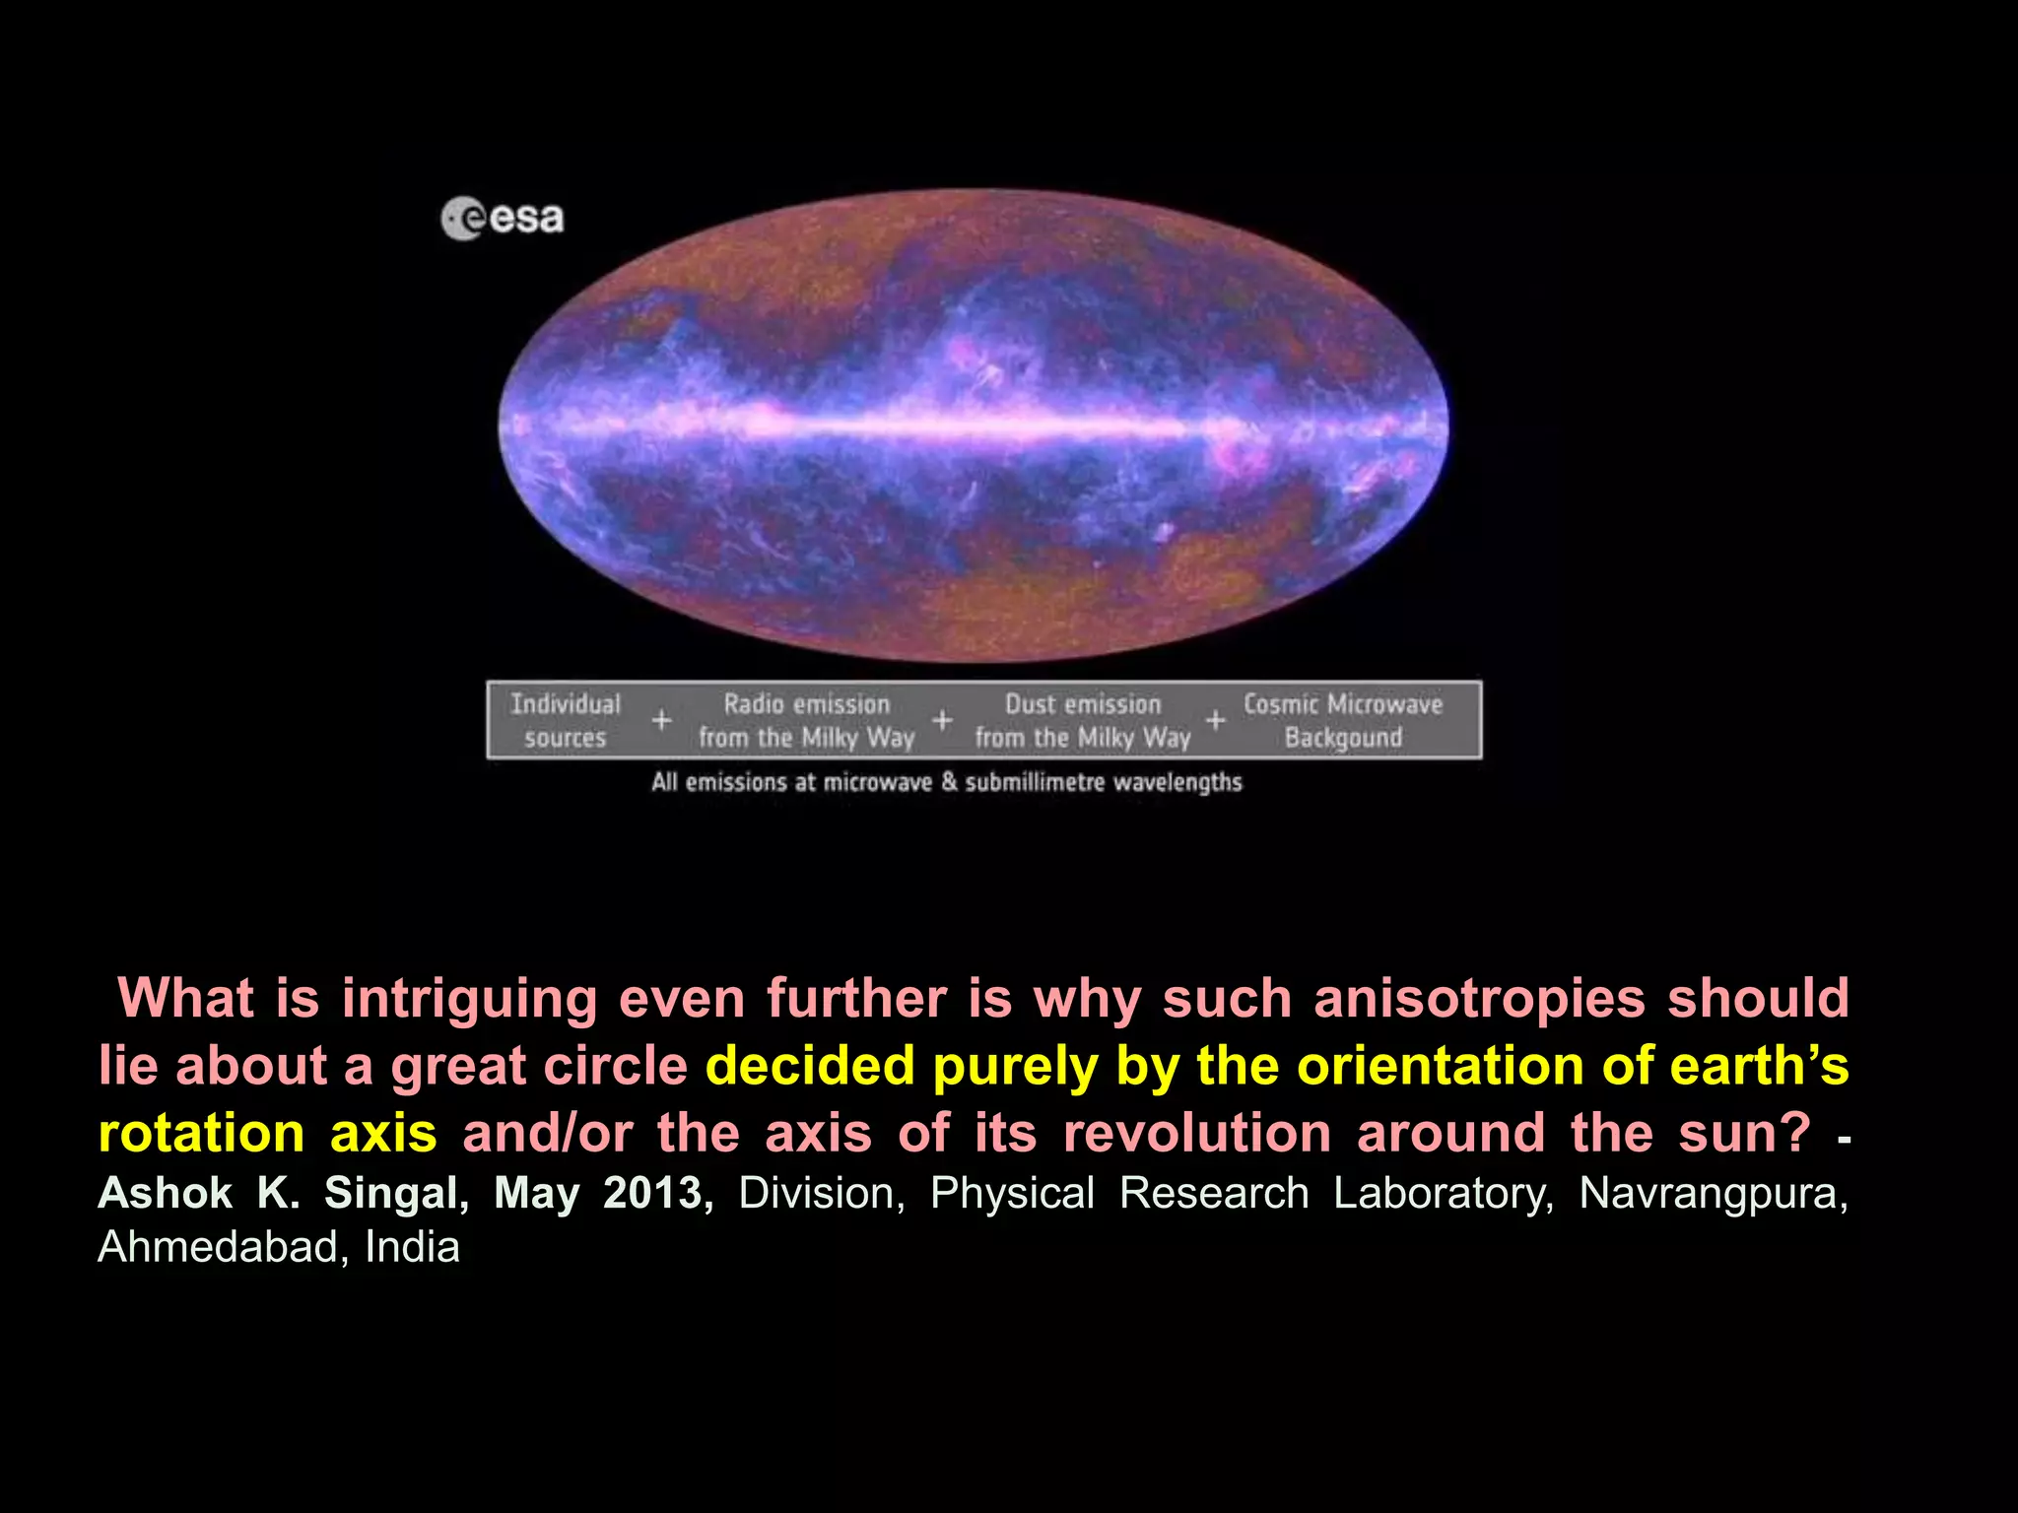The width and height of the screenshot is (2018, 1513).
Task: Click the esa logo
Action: pos(503,218)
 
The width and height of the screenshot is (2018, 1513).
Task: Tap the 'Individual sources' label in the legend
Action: pos(566,720)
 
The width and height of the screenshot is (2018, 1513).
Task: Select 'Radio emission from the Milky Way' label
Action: pos(806,720)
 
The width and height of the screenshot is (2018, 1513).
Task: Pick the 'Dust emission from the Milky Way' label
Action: pos(1082,720)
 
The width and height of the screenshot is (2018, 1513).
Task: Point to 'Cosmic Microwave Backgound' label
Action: pos(1342,720)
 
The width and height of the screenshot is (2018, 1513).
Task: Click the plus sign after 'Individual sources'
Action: pos(661,720)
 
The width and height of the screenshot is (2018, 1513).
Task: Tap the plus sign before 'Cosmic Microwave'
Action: pos(1215,720)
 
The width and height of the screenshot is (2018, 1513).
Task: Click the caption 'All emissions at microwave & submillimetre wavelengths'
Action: pos(946,782)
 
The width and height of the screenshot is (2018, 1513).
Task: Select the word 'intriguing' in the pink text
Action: pos(469,998)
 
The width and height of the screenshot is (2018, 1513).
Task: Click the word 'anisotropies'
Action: pos(1479,998)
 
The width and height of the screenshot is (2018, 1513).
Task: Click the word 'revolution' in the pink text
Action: pos(1197,1133)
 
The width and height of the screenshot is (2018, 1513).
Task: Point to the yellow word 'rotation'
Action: pos(201,1133)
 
